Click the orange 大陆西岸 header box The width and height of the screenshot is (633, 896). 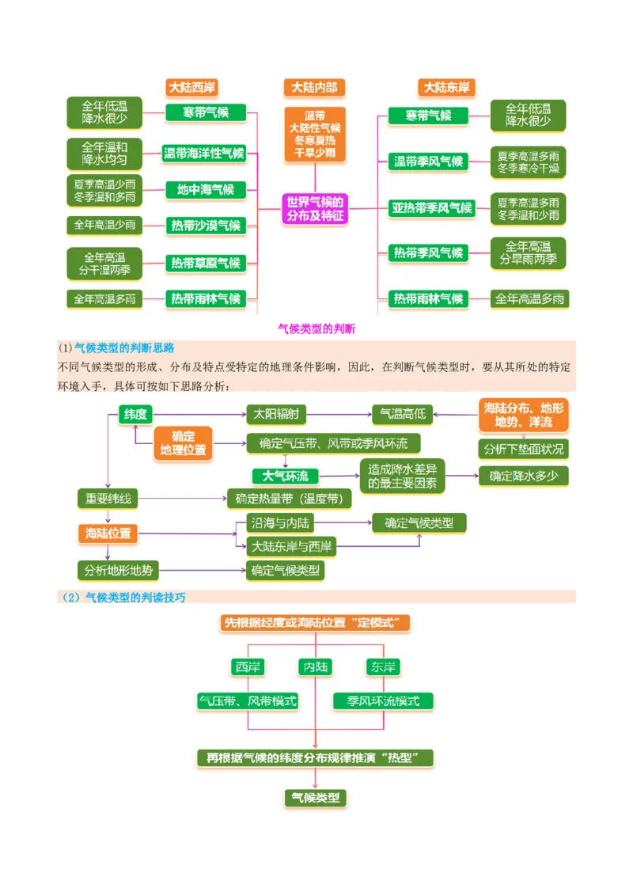(x=191, y=87)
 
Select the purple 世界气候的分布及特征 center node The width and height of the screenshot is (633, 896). (x=316, y=209)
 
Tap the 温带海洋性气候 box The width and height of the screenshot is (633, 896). (x=203, y=154)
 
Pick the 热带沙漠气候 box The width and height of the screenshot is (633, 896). (x=205, y=226)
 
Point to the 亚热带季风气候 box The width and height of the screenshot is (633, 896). (x=431, y=208)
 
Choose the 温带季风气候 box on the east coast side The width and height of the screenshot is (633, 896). (x=428, y=161)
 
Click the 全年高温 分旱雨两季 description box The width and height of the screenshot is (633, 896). (x=528, y=252)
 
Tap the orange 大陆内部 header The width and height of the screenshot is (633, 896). (x=314, y=87)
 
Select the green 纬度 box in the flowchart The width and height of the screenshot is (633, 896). (x=135, y=413)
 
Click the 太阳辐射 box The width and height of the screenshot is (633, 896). (x=275, y=413)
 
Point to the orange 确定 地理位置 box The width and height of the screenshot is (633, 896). (x=183, y=442)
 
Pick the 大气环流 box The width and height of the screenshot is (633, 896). (x=285, y=476)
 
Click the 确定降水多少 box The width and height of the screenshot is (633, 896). (x=523, y=476)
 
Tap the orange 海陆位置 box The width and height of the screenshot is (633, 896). (x=108, y=533)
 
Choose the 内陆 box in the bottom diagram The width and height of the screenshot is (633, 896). (x=315, y=667)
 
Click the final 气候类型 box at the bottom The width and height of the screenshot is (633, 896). (x=315, y=798)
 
